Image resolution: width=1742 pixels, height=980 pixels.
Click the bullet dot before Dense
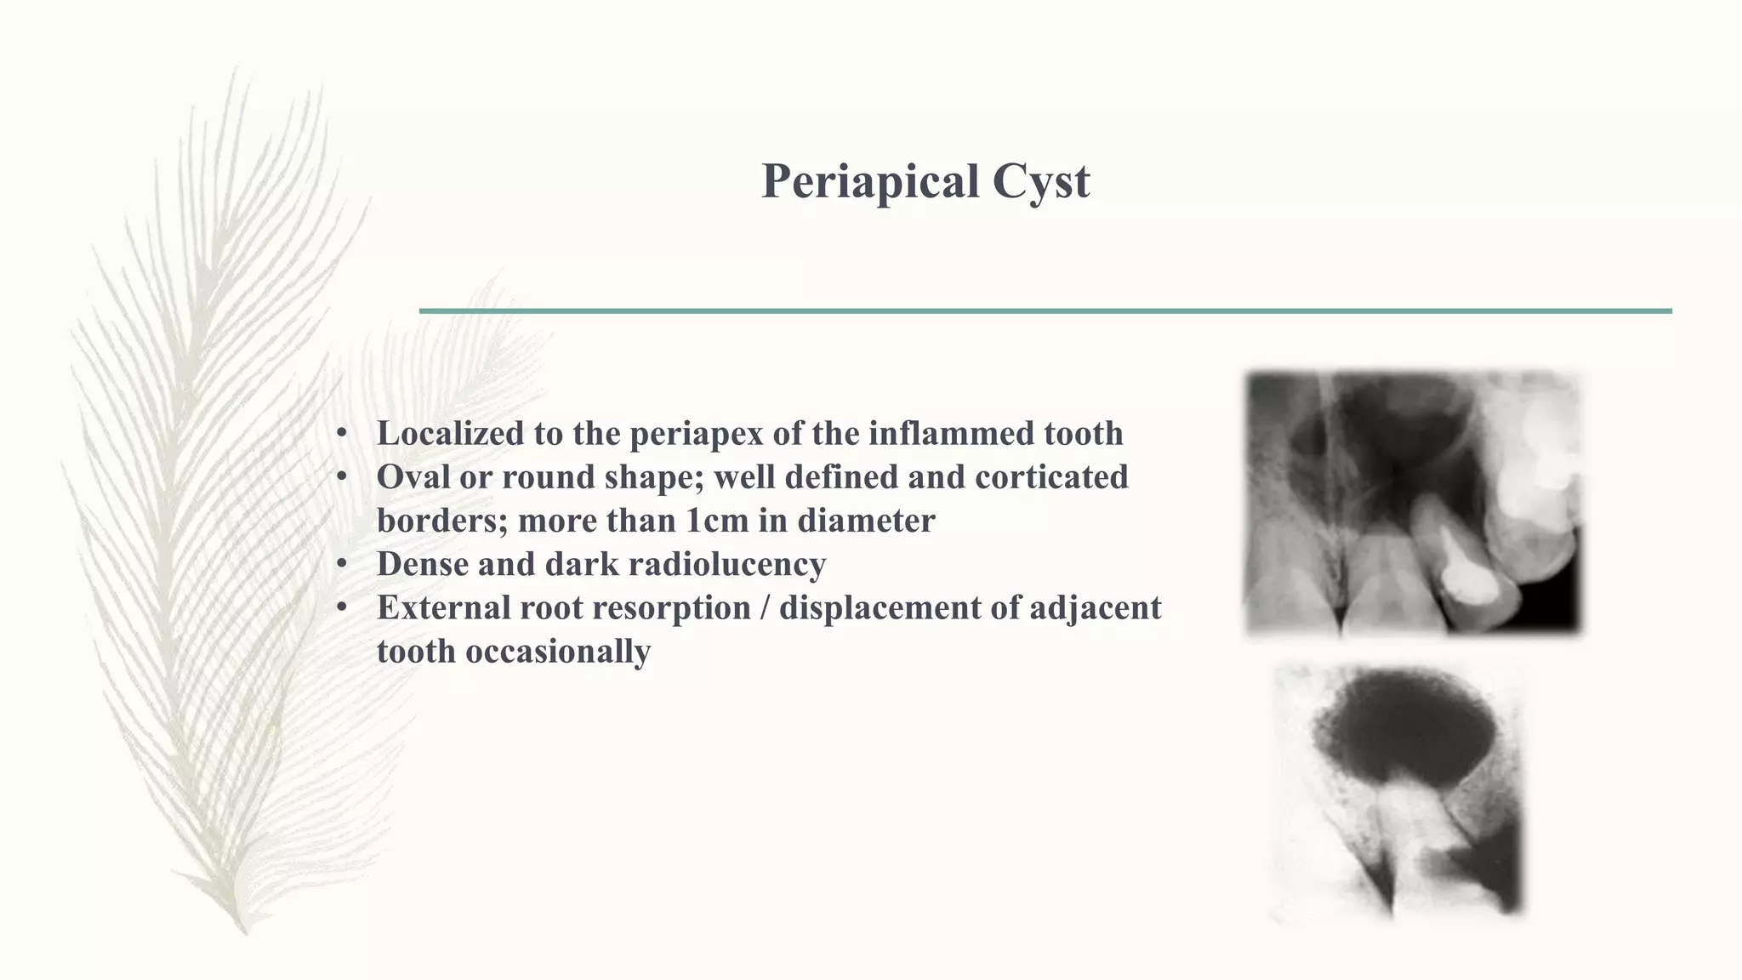coord(342,564)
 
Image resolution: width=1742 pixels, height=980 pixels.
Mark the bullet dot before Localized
coord(342,433)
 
